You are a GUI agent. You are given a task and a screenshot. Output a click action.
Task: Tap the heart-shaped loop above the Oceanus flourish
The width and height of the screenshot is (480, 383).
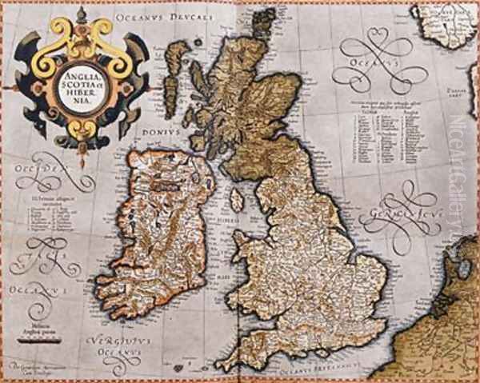(x=374, y=39)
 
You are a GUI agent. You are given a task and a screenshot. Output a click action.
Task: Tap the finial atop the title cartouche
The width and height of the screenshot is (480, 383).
(x=82, y=14)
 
